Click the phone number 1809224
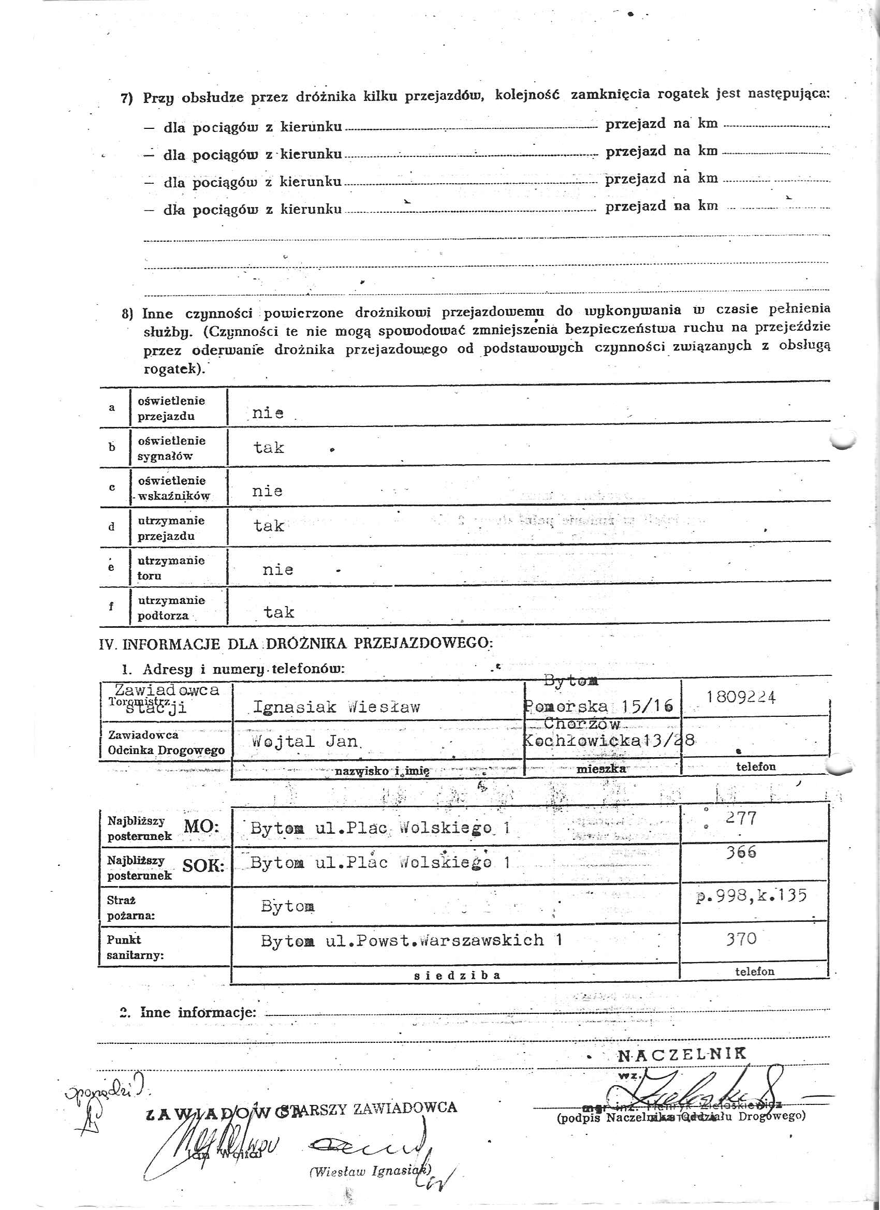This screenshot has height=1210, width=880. (x=741, y=697)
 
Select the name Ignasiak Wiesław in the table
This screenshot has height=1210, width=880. (x=336, y=707)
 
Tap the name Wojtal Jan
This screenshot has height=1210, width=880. (x=305, y=741)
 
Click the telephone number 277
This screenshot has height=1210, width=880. (x=741, y=818)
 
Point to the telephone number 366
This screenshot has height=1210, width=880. (x=741, y=852)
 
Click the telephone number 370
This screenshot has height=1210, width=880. (x=741, y=939)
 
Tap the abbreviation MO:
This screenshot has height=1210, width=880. (x=201, y=828)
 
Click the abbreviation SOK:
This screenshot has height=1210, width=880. (x=203, y=866)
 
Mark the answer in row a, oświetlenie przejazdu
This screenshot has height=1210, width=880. (x=268, y=413)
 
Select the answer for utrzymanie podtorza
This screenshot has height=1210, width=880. (x=278, y=612)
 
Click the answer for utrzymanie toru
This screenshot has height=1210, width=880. (x=277, y=570)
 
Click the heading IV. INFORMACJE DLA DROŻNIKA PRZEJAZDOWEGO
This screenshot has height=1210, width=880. (x=296, y=643)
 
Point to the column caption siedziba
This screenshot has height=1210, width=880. (x=458, y=976)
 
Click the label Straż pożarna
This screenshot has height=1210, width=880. (x=131, y=908)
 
